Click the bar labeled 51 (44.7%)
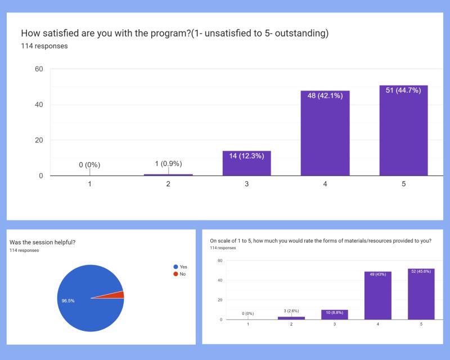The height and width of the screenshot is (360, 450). tap(403, 132)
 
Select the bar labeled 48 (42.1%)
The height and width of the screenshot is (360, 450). tap(325, 135)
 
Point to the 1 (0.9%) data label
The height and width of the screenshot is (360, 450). tap(168, 164)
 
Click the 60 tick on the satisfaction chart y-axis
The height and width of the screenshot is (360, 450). tap(39, 69)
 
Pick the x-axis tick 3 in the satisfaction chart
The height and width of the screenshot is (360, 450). tap(246, 184)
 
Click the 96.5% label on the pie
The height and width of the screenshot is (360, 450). tap(68, 301)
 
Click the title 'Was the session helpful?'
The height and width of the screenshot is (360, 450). tap(43, 242)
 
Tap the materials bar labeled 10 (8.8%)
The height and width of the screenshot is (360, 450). tap(334, 315)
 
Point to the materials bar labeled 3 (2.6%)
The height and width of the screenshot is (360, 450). tap(291, 318)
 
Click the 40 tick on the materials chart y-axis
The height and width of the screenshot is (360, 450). tap(220, 280)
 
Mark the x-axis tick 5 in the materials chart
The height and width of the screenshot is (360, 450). tap(421, 324)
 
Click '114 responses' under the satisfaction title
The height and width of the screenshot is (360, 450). tap(44, 46)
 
